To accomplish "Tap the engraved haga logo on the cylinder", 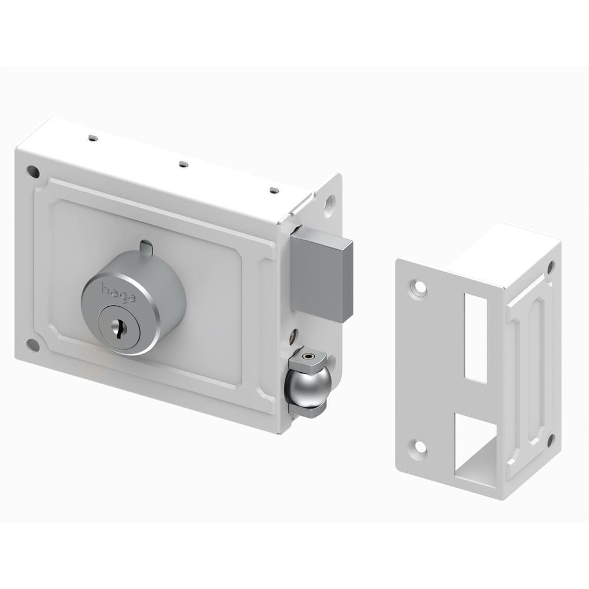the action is [118, 293].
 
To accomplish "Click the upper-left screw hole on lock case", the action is [33, 171].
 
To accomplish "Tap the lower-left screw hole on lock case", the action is [33, 345].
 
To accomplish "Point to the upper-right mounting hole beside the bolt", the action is [329, 205].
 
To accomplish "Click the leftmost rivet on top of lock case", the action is [93, 138].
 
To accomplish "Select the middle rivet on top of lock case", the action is [183, 164].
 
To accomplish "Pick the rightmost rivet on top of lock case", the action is [274, 190].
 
